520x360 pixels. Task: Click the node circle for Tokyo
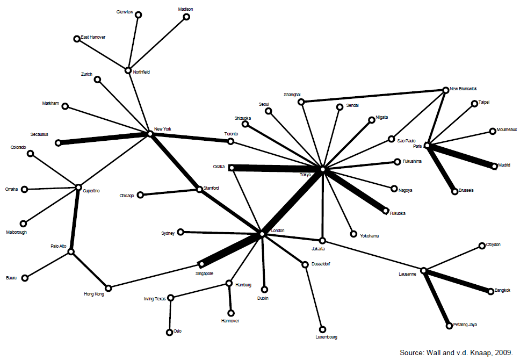tap(322, 169)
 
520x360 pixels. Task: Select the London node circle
tap(262, 234)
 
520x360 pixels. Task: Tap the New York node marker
tap(150, 133)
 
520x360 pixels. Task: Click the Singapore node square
tap(201, 264)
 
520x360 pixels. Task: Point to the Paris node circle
tap(427, 145)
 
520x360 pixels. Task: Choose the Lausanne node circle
tap(424, 270)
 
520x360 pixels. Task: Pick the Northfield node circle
tap(128, 70)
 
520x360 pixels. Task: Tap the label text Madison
tap(186, 10)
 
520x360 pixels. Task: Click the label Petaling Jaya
tap(465, 325)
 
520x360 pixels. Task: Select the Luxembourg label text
tap(326, 337)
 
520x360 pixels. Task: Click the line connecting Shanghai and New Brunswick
tap(373, 95)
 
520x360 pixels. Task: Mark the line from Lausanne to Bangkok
tap(457, 281)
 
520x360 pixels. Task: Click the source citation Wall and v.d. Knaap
tap(456, 352)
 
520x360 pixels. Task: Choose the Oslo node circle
tap(170, 332)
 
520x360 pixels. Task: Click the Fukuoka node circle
tap(385, 212)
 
